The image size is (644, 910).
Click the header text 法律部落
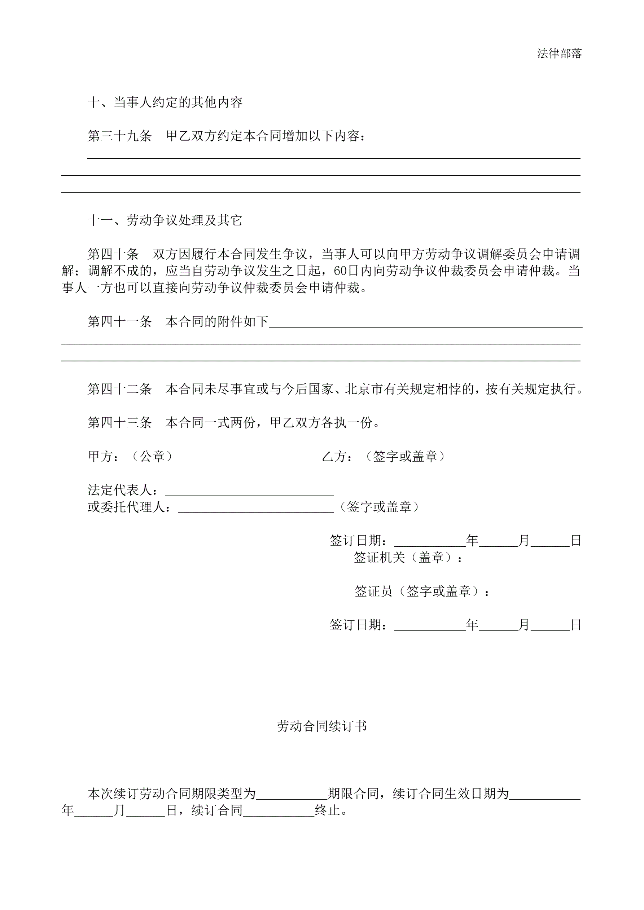559,53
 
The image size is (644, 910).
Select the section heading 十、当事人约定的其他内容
165,103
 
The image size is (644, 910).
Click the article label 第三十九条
119,136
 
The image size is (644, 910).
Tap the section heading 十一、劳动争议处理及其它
165,220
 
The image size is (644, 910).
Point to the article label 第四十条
113,254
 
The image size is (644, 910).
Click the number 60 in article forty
340,271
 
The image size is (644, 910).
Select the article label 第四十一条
119,321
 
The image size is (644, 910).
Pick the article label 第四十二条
119,389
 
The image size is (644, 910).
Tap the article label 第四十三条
119,423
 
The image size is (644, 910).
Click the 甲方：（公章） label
131,457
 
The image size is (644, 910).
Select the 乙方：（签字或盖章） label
384,457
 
